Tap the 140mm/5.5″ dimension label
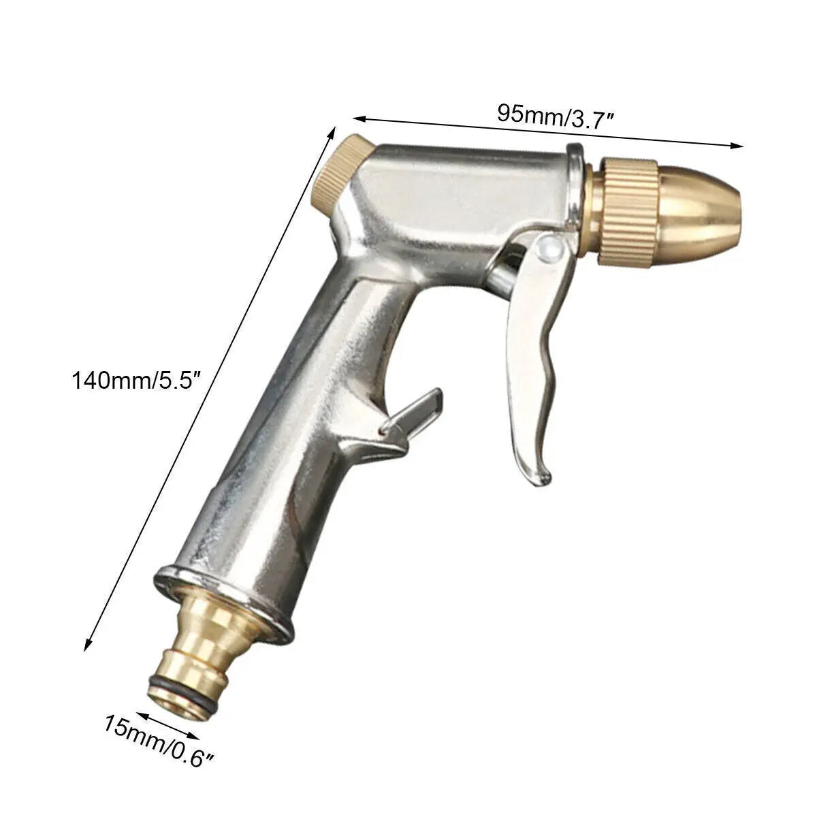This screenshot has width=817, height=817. click(135, 380)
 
